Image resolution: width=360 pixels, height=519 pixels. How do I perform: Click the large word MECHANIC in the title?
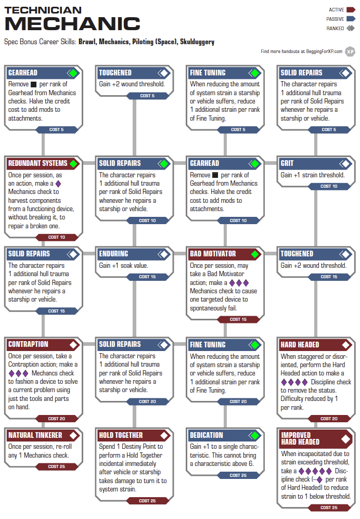[72, 24]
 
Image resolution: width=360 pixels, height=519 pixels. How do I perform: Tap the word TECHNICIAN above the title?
[43, 10]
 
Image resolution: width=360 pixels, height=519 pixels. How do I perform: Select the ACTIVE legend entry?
[342, 10]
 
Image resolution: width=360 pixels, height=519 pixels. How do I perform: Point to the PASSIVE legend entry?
[341, 19]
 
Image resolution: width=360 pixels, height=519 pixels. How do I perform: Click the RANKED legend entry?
[341, 29]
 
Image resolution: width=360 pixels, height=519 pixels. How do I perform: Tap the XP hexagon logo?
[350, 51]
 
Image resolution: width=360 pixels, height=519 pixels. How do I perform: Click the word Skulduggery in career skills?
[197, 42]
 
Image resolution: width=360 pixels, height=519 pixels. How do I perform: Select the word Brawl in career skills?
[87, 42]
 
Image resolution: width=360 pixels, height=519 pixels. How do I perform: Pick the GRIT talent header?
[287, 163]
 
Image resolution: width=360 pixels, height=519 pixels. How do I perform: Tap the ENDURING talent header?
[113, 254]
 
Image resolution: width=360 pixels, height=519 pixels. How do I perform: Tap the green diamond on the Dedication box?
[255, 435]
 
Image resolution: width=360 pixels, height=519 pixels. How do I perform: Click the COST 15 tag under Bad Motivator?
[238, 319]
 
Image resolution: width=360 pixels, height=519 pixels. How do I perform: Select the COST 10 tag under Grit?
[329, 186]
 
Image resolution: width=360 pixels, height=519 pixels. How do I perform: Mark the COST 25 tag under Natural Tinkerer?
[57, 466]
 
